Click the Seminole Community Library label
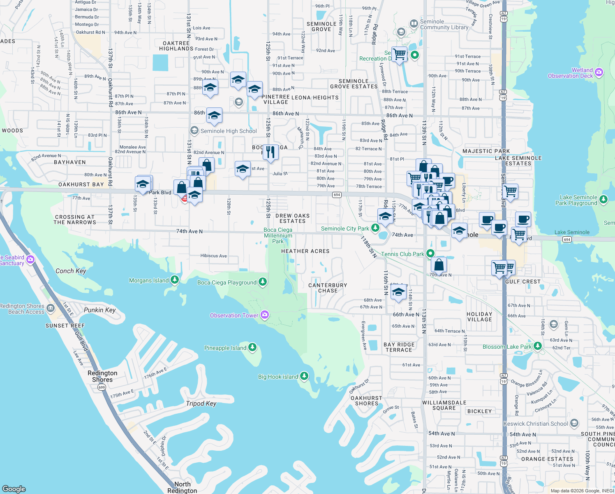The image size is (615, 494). [x=444, y=25]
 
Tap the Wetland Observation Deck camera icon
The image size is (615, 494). [x=599, y=72]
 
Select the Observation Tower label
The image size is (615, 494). [x=234, y=315]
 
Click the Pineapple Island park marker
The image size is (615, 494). [x=252, y=347]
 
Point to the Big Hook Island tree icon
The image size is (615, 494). [x=304, y=376]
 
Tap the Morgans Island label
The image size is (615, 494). [x=149, y=280]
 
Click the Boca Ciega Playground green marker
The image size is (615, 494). [x=263, y=282]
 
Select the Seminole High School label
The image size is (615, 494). [x=229, y=131]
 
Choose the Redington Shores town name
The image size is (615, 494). [x=102, y=376]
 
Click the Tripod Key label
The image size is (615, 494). [x=201, y=403]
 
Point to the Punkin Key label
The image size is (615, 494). [x=99, y=310]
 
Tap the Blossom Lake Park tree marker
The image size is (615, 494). [x=538, y=346]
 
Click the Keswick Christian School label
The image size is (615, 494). [x=536, y=424]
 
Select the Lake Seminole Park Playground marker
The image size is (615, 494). [x=603, y=200]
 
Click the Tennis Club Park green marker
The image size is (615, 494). [x=430, y=254]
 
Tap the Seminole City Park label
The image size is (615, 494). [x=345, y=228]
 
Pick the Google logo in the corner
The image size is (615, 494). [x=14, y=489]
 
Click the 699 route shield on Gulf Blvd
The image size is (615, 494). [x=102, y=387]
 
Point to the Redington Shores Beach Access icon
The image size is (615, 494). [x=51, y=308]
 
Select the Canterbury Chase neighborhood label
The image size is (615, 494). [x=328, y=288]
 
